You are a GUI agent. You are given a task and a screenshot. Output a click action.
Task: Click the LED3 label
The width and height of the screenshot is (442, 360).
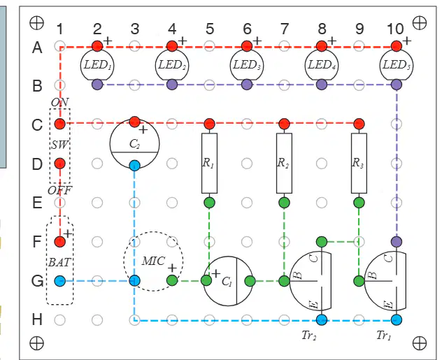(x=247, y=65)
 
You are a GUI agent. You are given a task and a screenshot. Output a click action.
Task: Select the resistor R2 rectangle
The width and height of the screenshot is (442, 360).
(x=284, y=163)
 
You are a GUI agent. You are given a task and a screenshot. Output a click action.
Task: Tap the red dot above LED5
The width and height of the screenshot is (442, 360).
(x=397, y=46)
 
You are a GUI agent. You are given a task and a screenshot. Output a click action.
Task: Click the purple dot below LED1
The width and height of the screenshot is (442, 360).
(x=97, y=85)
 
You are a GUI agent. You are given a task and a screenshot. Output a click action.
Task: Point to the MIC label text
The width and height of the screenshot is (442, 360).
(x=153, y=261)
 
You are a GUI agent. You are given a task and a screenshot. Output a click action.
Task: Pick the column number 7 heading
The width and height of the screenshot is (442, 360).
(x=285, y=29)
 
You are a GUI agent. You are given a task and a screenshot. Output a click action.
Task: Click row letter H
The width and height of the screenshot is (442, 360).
(x=37, y=319)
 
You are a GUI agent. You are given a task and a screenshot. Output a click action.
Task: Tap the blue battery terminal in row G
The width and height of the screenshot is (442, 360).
(x=59, y=281)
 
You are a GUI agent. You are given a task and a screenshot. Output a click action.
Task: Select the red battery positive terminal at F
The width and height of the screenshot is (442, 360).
(x=59, y=241)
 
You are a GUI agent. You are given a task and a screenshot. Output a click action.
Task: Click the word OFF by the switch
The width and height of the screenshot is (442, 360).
(x=59, y=191)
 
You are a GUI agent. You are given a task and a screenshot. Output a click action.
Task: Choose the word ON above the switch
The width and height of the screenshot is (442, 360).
(x=59, y=102)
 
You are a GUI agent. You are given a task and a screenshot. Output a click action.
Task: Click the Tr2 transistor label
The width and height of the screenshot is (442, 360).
(x=309, y=336)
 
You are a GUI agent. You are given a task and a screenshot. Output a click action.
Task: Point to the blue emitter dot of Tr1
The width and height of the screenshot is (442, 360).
(x=397, y=319)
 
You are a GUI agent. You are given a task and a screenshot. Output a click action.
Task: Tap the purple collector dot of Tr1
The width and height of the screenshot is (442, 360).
(x=397, y=241)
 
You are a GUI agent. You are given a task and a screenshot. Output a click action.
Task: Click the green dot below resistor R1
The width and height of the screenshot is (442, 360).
(x=209, y=203)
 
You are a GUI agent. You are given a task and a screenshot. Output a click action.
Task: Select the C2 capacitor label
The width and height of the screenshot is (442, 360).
(x=134, y=144)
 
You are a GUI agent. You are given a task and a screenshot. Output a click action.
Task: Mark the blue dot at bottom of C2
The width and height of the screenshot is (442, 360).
(x=135, y=166)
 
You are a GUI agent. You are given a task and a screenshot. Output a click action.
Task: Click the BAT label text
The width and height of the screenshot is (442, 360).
(x=59, y=263)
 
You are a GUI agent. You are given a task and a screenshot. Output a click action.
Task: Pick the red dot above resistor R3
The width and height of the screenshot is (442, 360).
(x=359, y=124)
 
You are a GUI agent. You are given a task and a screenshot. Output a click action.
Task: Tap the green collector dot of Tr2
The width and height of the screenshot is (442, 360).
(x=322, y=241)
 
